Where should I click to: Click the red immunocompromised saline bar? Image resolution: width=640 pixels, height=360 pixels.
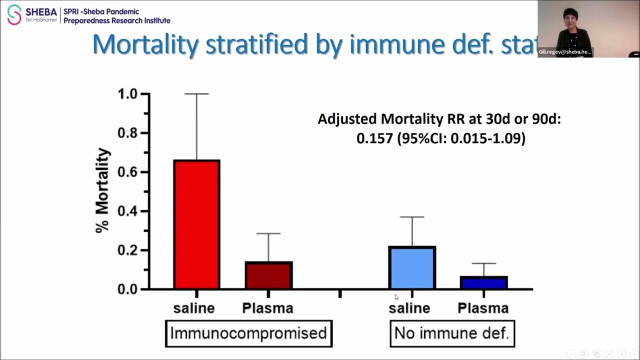point(196,224)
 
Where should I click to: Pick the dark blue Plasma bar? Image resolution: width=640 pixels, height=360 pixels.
point(483,282)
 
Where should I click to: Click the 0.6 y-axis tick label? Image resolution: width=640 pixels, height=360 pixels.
point(127,172)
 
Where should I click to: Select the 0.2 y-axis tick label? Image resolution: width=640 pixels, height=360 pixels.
point(127,250)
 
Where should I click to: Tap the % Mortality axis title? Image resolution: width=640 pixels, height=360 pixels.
point(103,190)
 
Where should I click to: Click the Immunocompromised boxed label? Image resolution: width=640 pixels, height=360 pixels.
point(248,333)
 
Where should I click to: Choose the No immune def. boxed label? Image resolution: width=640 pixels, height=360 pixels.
point(452,333)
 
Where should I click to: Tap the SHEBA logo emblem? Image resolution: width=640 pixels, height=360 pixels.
point(14,14)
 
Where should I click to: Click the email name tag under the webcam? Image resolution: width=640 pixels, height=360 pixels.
point(565,52)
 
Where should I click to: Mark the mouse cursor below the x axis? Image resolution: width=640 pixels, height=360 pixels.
point(396,297)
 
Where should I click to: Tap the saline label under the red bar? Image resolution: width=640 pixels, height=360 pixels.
point(194,308)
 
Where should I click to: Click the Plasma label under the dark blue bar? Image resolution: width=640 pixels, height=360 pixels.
point(483,308)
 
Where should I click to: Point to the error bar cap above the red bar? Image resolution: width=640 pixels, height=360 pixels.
point(196,94)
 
